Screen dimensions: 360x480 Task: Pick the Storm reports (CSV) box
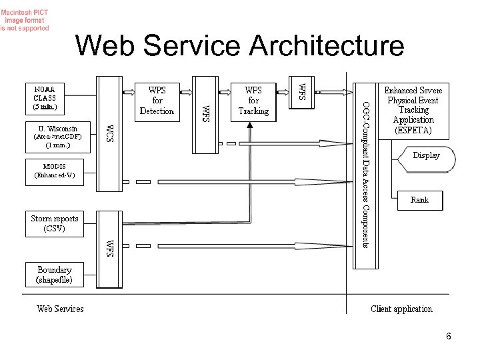coord(55,223)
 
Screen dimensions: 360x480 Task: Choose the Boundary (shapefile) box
coord(55,274)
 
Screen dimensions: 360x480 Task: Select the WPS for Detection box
coord(157,100)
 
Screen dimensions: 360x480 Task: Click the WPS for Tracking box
coord(253,100)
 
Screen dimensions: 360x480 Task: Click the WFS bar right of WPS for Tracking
coord(301,91)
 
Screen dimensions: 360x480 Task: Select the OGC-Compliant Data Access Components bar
coord(365,173)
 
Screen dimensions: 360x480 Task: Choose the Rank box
coord(419,200)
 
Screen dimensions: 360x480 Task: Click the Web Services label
coord(60,309)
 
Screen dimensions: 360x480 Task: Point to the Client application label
coord(401,309)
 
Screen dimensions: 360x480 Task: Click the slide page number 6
coord(449,336)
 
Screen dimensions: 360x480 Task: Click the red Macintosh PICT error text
coord(25,20)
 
